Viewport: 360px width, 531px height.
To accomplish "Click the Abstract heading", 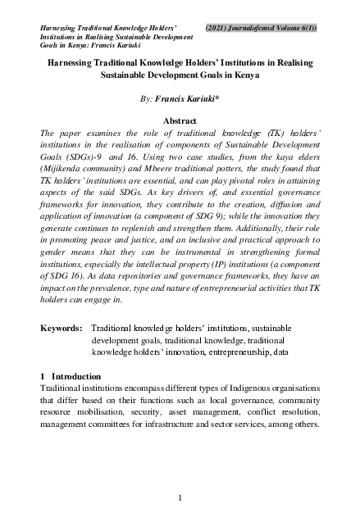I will tap(180, 121).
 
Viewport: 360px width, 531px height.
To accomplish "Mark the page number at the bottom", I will tap(180, 497).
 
